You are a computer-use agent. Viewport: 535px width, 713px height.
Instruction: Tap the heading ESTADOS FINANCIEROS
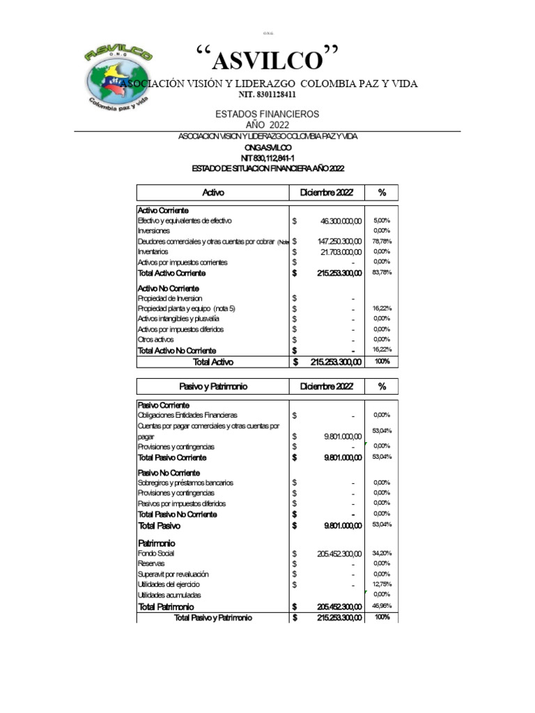coord(267,113)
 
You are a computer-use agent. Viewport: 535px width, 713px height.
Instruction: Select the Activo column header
coord(212,192)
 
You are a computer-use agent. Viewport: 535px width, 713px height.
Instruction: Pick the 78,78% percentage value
coord(381,241)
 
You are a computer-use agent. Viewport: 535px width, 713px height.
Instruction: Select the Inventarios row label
coord(153,252)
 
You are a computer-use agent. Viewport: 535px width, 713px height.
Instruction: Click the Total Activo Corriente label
coord(176,273)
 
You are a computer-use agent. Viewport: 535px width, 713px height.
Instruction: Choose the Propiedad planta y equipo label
coord(186,308)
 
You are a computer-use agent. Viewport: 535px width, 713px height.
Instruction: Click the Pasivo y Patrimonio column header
coord(212,386)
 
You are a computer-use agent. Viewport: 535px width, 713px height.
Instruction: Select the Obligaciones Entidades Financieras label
coord(187,415)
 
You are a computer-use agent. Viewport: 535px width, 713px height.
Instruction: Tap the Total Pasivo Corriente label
coord(172,458)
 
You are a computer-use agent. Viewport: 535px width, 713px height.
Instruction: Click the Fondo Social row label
coord(156,553)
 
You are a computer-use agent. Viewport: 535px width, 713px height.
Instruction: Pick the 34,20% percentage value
coord(382,552)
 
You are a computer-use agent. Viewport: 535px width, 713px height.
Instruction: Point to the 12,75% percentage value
coord(382,584)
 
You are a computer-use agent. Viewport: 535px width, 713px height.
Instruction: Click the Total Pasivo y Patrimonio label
coord(212,618)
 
